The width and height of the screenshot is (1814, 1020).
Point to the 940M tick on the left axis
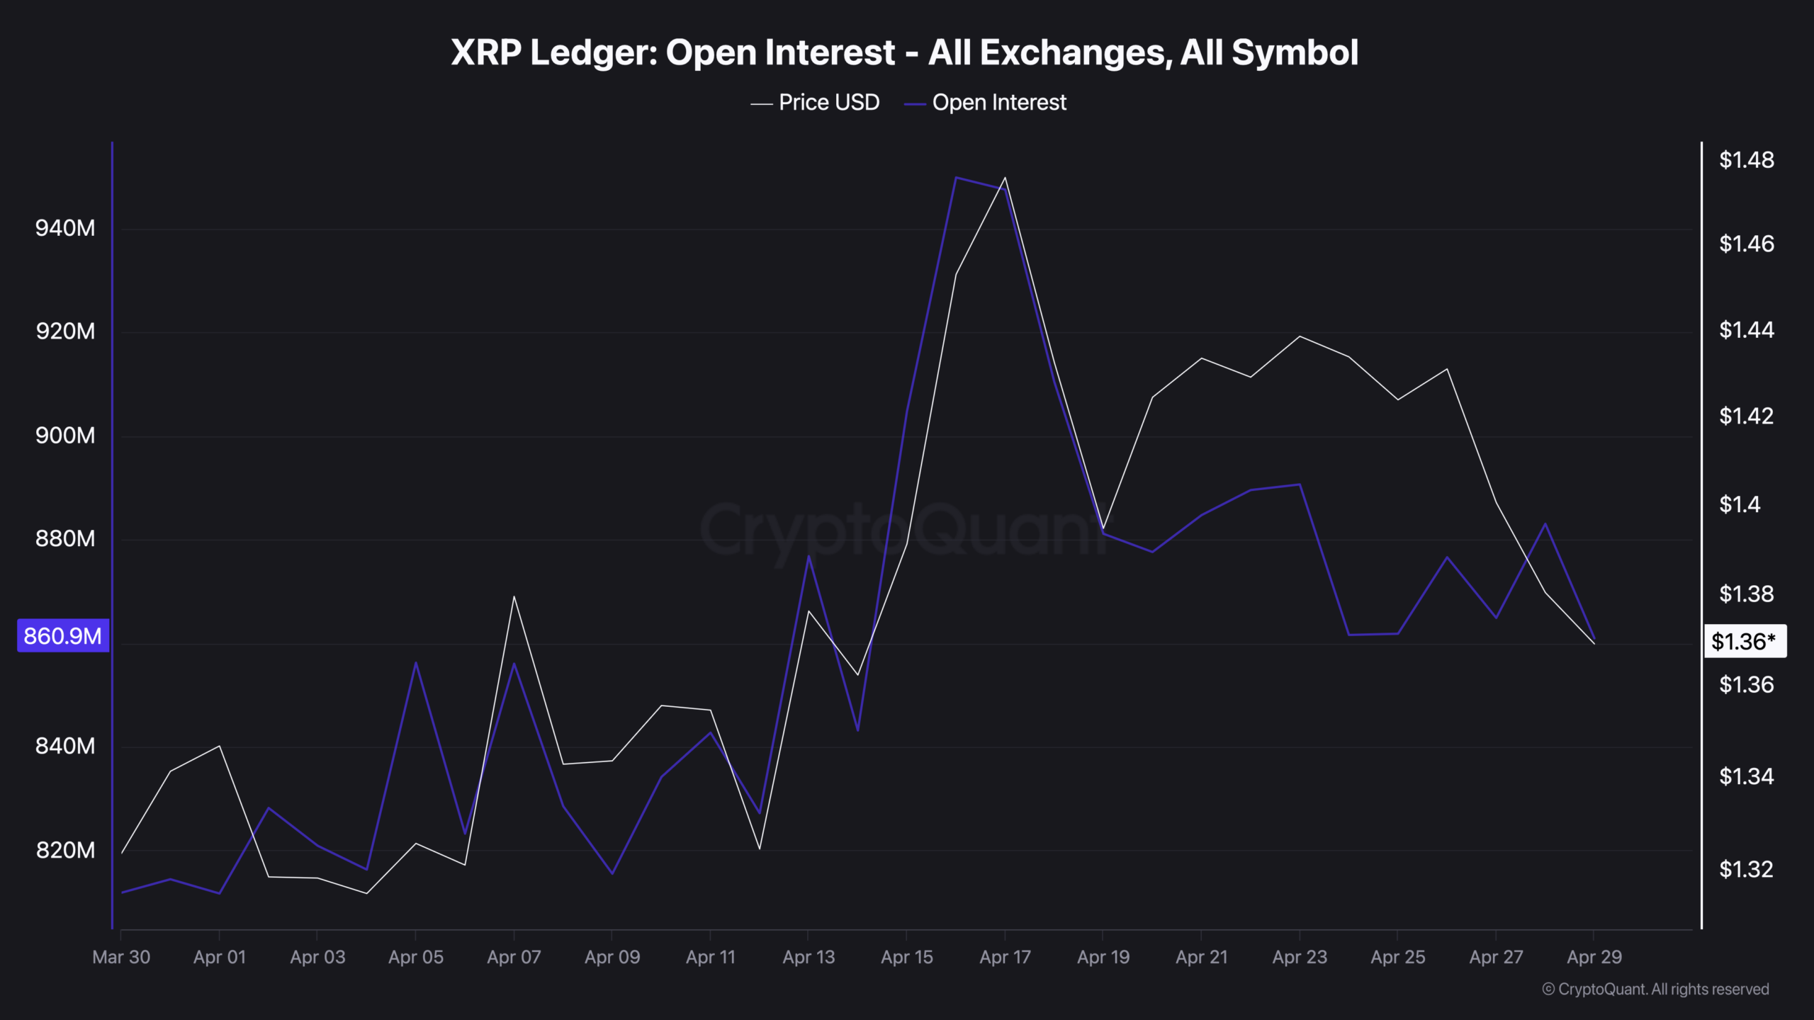[65, 228]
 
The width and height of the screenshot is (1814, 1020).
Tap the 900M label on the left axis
[65, 436]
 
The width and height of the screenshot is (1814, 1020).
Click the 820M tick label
[65, 850]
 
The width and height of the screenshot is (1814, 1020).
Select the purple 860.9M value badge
[63, 636]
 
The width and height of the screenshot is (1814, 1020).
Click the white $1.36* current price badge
[1745, 642]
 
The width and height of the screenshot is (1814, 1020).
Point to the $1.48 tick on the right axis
[1746, 160]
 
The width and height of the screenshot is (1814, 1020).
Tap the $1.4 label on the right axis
[1740, 504]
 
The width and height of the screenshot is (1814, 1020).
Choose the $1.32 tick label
[1746, 869]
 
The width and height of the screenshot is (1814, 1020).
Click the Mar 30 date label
[121, 958]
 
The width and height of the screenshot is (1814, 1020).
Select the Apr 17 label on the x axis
[1005, 958]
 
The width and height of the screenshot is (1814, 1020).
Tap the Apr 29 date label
[1594, 958]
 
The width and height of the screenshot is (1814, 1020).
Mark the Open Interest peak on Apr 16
[956, 177]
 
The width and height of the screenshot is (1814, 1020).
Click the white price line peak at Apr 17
[1005, 178]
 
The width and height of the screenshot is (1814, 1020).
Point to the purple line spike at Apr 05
[416, 662]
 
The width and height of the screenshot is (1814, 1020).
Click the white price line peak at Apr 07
[514, 596]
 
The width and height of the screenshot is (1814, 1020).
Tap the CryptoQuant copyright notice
[1655, 990]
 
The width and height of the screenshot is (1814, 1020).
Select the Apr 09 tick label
[612, 958]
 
